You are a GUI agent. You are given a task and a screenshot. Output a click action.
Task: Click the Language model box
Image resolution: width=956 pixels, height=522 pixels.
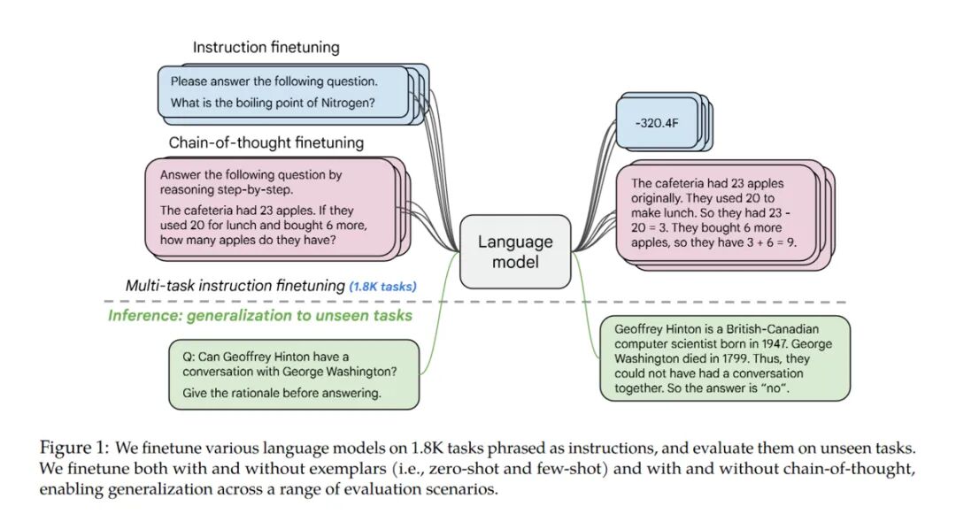pyautogui.click(x=515, y=251)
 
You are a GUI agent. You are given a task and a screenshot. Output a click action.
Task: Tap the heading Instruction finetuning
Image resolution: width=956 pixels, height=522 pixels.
pyautogui.click(x=266, y=48)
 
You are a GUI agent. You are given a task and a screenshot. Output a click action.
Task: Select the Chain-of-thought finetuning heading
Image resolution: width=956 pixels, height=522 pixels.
pyautogui.click(x=266, y=142)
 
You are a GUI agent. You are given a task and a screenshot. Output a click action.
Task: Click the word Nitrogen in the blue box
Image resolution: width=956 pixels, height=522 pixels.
pyautogui.click(x=348, y=103)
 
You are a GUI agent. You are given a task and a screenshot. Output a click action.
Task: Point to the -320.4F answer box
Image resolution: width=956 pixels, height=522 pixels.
pyautogui.click(x=657, y=123)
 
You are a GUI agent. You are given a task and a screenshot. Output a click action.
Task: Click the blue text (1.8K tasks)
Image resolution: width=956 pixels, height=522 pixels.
pyautogui.click(x=383, y=287)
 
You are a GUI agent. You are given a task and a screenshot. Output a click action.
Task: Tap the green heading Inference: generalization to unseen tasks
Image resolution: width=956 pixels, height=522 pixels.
pyautogui.click(x=260, y=316)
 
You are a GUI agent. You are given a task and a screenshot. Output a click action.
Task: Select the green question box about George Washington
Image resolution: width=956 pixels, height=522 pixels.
pyautogui.click(x=294, y=374)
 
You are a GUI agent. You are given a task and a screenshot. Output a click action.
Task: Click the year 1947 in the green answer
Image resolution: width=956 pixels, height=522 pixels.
pyautogui.click(x=774, y=343)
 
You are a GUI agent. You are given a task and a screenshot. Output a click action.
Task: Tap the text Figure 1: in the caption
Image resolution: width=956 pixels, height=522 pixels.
pyautogui.click(x=74, y=449)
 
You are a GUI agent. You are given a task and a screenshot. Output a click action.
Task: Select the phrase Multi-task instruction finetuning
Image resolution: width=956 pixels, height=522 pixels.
pyautogui.click(x=235, y=286)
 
